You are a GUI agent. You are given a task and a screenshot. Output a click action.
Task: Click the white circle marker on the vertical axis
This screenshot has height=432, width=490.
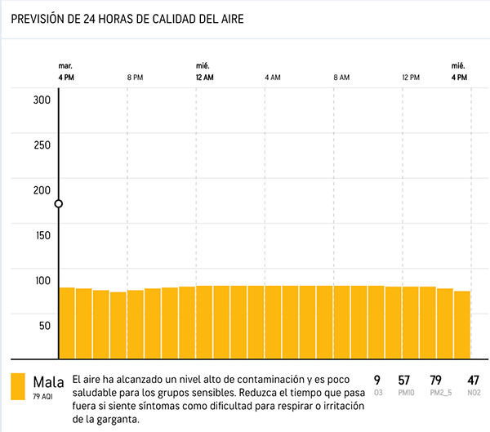tap(59, 204)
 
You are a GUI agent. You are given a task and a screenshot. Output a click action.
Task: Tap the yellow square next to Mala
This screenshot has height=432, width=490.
tap(18, 387)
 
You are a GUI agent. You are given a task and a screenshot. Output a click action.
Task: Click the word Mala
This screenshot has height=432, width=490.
tap(48, 381)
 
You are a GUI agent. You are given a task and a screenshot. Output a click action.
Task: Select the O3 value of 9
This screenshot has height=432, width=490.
tap(377, 380)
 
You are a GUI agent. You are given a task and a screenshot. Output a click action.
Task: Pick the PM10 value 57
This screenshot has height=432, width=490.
tap(403, 380)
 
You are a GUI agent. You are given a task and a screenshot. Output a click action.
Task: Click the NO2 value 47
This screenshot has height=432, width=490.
tap(473, 380)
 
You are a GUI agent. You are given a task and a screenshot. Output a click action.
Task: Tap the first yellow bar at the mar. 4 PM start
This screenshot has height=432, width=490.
tap(67, 323)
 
